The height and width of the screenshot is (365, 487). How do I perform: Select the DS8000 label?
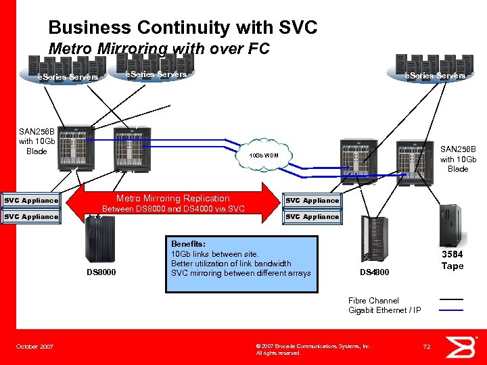[101, 272]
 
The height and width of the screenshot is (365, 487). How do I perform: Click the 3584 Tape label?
[453, 260]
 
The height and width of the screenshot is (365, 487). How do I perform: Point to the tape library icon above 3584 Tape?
[449, 224]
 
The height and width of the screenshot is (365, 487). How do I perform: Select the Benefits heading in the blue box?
[188, 244]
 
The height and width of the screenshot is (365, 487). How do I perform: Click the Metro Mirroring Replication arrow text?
[173, 198]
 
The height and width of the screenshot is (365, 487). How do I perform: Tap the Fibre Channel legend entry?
[373, 300]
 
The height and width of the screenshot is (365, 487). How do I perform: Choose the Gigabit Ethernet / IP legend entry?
[384, 310]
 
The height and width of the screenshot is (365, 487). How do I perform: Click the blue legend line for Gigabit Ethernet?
[451, 310]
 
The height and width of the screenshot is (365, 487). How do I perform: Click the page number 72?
[427, 347]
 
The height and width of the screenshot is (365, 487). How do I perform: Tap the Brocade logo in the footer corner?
[463, 346]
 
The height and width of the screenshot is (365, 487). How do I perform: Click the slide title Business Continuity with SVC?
[183, 28]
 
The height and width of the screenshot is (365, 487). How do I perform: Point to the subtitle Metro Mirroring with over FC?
[159, 49]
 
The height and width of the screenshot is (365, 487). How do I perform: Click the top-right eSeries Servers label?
[434, 76]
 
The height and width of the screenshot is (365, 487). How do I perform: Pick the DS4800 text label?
[374, 272]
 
